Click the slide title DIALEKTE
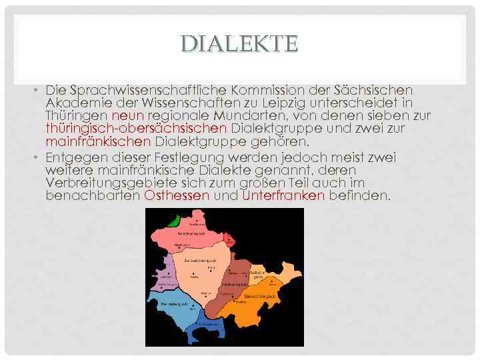239,43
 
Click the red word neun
123,115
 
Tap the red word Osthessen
177,195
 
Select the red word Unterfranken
283,195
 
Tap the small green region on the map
174,219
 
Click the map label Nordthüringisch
191,233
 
